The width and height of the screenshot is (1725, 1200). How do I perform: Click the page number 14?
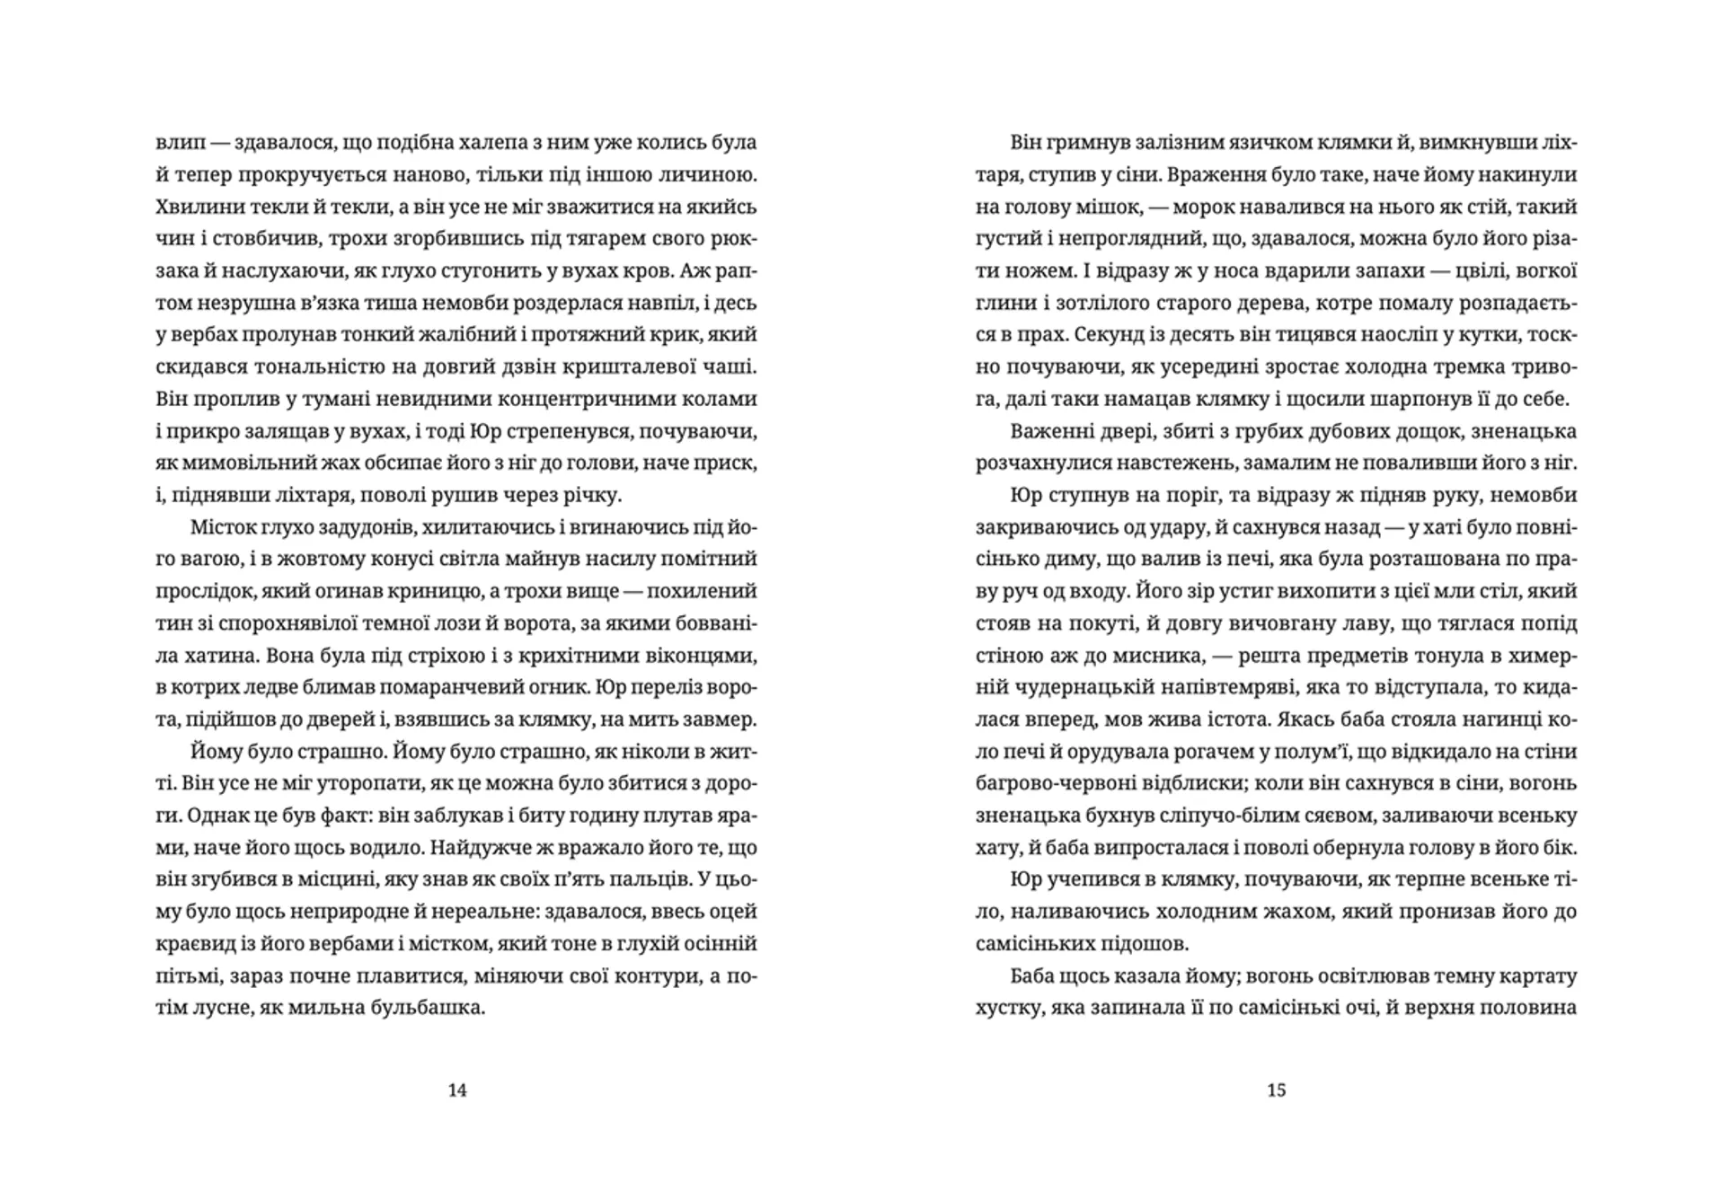click(x=457, y=1090)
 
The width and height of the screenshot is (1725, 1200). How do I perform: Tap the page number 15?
click(x=1277, y=1090)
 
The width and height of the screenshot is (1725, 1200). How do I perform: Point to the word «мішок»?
click(x=1110, y=207)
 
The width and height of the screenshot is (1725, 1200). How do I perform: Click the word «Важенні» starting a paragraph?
click(x=1045, y=431)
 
